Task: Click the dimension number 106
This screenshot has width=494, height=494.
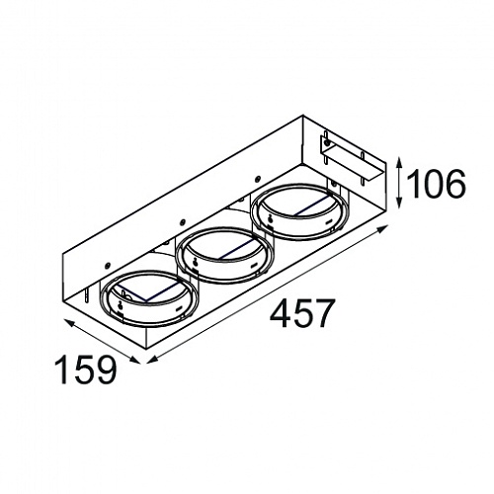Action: pos(437,184)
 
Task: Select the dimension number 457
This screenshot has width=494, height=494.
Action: pos(300,313)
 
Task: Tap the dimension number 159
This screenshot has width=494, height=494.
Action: pos(86,370)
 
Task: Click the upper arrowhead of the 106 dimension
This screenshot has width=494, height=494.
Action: pos(399,162)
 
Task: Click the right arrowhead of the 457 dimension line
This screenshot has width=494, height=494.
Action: pos(383,228)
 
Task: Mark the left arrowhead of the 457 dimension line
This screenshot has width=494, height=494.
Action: pos(151,361)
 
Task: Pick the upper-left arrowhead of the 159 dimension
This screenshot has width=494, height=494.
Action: pos(69,323)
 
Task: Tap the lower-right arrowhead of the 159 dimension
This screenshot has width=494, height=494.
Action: pos(134,360)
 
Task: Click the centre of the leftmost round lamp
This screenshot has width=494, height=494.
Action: pos(149,298)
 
